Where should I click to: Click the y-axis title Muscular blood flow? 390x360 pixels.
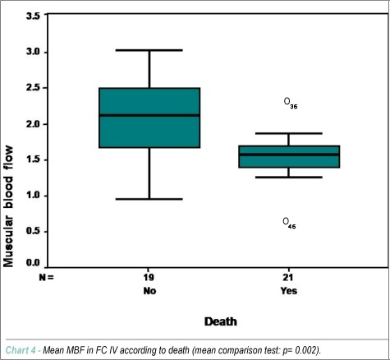click(x=8, y=206)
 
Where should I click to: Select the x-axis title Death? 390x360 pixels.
click(x=221, y=321)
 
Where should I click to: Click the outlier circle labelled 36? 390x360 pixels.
click(x=287, y=101)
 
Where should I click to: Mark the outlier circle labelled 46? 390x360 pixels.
click(x=286, y=221)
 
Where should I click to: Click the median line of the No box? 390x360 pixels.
click(x=149, y=115)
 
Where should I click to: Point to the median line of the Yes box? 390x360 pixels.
click(x=289, y=155)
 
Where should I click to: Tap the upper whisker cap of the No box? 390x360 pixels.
click(x=149, y=50)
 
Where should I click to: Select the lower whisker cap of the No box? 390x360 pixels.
click(x=149, y=199)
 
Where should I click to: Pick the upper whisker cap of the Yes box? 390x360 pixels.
click(x=289, y=133)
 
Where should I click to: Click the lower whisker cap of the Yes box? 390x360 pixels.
click(x=289, y=178)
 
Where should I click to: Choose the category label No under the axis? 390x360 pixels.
click(x=149, y=291)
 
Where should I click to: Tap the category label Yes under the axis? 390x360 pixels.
click(x=289, y=291)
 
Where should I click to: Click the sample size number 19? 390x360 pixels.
click(x=149, y=278)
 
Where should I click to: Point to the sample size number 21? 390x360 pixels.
click(x=288, y=278)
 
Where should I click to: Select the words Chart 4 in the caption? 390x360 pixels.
click(x=21, y=350)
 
